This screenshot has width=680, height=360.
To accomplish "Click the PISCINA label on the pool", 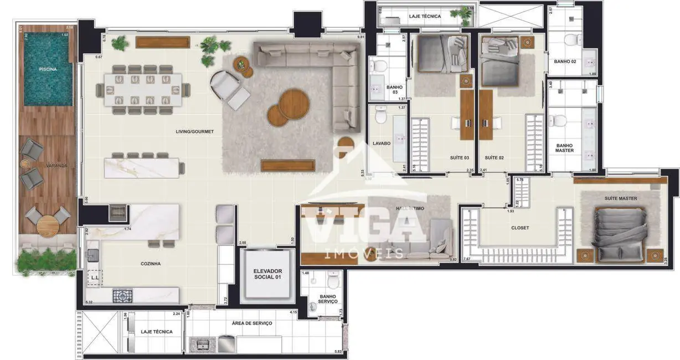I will click(x=48, y=70).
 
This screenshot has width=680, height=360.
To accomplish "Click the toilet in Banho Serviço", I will click(x=332, y=282).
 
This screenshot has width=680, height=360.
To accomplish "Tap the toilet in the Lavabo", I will click(x=380, y=115).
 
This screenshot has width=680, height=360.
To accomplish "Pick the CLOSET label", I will click(x=519, y=228).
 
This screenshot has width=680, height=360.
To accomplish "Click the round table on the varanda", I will click(x=48, y=224).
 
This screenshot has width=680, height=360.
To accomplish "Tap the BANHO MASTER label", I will click(x=564, y=148).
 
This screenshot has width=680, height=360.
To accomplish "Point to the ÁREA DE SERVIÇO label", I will click(x=252, y=323).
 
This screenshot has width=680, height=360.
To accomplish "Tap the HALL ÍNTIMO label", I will click(x=410, y=208).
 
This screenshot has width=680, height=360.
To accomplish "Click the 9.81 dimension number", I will click(x=361, y=37).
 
